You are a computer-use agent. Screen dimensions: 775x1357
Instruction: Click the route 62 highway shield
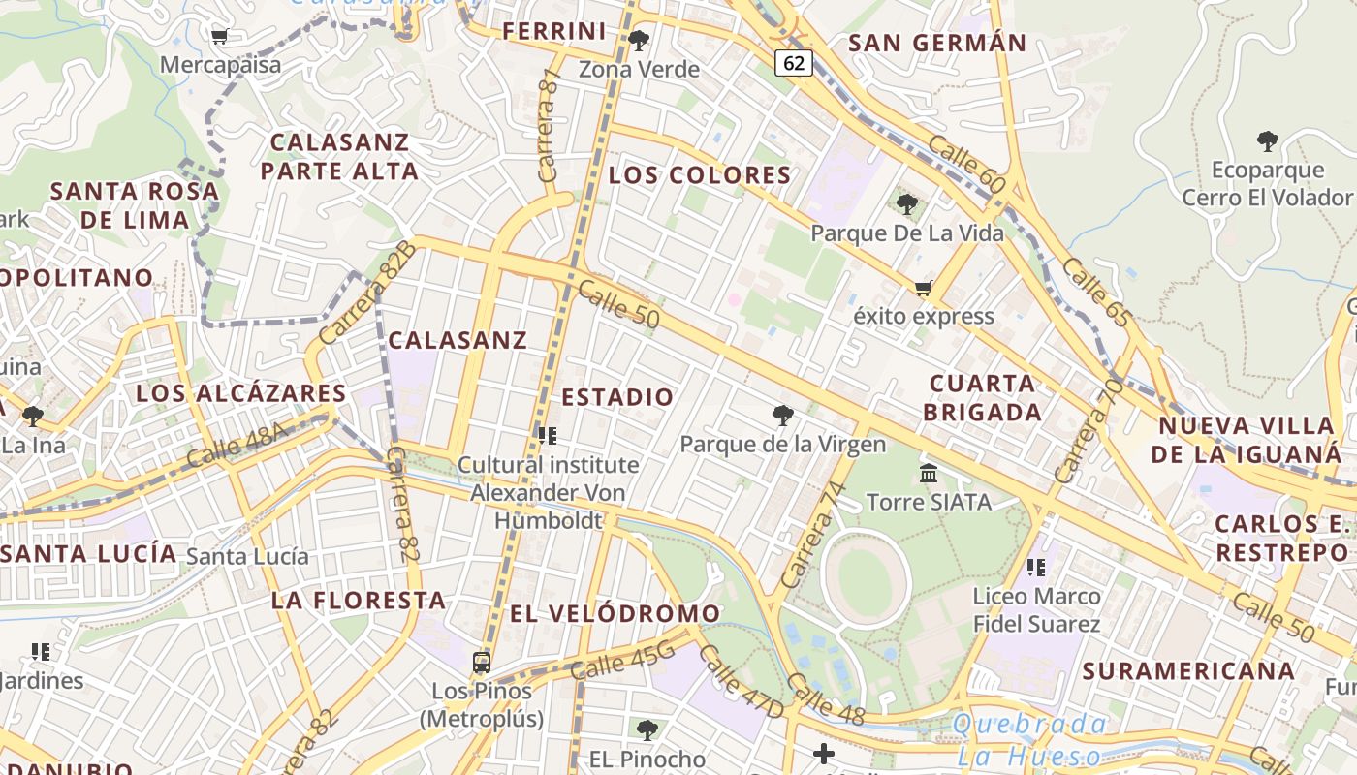(794, 63)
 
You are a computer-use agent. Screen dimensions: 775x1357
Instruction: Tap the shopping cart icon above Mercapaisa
(219, 37)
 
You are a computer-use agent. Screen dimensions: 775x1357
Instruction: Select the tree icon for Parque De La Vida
(907, 203)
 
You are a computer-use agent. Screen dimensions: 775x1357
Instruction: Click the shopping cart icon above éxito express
(923, 288)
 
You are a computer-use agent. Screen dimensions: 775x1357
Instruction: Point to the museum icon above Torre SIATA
(929, 474)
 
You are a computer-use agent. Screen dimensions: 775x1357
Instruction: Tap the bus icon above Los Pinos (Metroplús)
(481, 663)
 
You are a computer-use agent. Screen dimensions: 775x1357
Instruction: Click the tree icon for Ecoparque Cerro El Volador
(1267, 141)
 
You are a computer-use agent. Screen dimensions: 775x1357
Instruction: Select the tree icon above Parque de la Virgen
(783, 416)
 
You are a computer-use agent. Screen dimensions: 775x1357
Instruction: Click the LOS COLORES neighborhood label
(700, 175)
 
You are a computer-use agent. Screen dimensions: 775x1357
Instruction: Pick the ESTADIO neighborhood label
(617, 397)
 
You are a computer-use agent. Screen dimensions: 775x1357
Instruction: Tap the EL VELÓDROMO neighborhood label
(615, 613)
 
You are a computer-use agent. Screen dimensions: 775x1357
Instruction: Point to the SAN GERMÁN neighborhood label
(936, 43)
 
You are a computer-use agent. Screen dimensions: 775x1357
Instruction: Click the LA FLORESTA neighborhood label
(359, 600)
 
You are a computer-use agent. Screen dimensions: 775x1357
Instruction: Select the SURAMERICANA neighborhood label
(1188, 670)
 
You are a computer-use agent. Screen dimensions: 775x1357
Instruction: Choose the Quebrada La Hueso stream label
(1029, 739)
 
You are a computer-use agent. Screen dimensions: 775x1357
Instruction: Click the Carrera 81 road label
(549, 125)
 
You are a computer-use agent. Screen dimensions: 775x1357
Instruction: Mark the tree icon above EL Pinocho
(647, 729)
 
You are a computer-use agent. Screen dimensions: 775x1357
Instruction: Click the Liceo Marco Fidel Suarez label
(1036, 609)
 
